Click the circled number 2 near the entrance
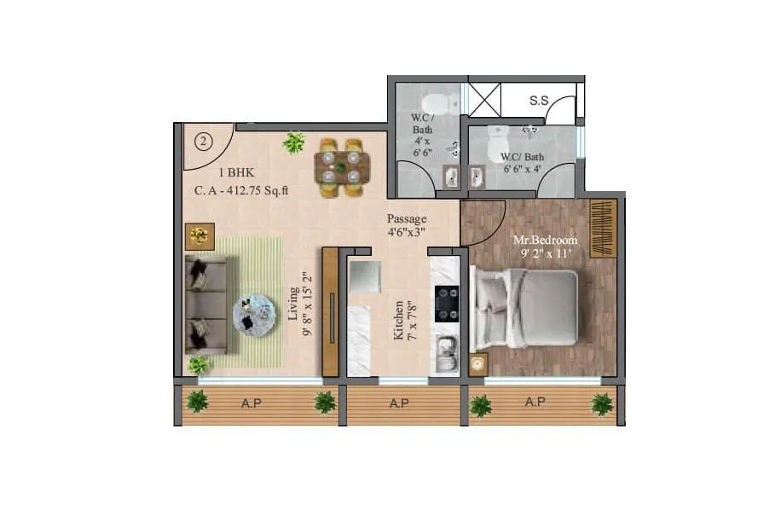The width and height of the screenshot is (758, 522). [x=202, y=142]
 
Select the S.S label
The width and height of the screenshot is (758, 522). [x=539, y=101]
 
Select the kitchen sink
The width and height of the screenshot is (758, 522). [x=446, y=350]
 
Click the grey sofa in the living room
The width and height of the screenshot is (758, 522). [x=205, y=304]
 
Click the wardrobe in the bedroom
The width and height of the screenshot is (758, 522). [x=603, y=228]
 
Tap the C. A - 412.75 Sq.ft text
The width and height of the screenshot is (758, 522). [x=242, y=191]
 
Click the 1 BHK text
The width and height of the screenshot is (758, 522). [x=217, y=170]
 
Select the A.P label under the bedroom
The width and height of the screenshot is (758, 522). [x=535, y=402]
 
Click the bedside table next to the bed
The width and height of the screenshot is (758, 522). [x=477, y=363]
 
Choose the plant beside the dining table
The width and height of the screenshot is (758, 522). [x=294, y=142]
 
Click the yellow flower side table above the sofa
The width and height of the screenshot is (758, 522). [x=200, y=235]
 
